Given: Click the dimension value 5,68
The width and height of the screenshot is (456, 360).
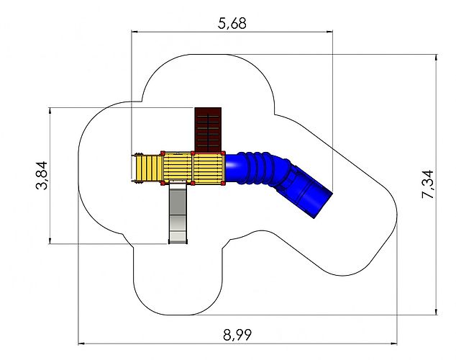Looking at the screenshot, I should click(x=232, y=23).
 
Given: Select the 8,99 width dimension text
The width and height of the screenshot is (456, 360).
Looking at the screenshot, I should click(x=238, y=335).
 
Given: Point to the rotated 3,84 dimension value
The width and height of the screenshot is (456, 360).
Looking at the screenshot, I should click(x=41, y=175).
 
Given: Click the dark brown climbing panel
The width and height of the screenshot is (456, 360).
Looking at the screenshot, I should click(x=209, y=130).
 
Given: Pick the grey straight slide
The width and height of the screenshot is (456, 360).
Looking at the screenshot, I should click(x=178, y=212).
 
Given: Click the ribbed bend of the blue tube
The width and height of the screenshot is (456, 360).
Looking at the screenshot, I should click(x=260, y=169).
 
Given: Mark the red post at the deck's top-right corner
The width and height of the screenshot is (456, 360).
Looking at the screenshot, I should click(x=223, y=153).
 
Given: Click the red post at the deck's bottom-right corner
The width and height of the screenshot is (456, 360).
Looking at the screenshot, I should click(x=223, y=184).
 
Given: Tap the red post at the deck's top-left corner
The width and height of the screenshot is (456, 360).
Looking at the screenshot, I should click(x=163, y=153).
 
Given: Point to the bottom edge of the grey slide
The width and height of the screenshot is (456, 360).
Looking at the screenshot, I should click(x=178, y=241).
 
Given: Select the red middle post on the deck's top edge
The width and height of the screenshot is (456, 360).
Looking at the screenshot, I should click(x=193, y=153).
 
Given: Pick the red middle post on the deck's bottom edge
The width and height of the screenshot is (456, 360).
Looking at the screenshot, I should click(x=193, y=184).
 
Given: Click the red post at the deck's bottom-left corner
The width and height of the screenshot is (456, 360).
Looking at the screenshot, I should click(x=163, y=184).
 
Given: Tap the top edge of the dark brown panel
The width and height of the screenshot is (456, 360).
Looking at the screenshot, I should click(x=209, y=108).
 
